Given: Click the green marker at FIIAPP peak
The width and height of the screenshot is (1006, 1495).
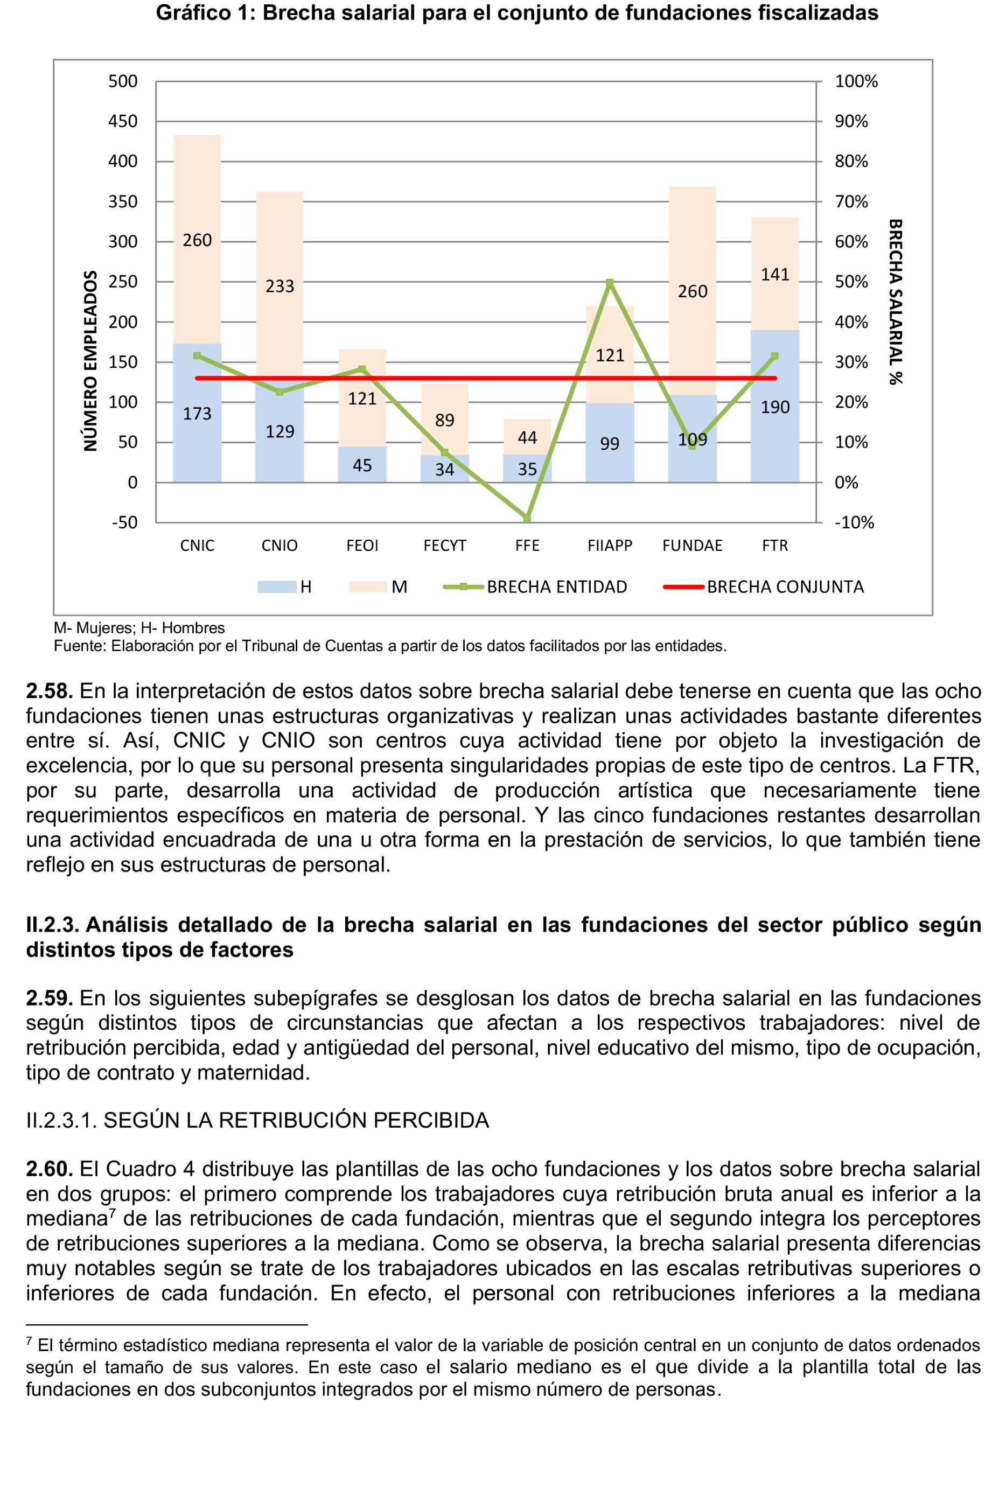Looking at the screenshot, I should (x=610, y=282).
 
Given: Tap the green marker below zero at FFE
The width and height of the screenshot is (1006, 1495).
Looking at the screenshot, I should (x=527, y=518).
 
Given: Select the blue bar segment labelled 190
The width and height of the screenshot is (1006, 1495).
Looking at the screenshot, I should (x=775, y=406).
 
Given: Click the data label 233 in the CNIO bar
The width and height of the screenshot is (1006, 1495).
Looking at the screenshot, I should (x=280, y=286).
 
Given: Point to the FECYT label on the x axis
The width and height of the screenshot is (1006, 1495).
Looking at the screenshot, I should (x=445, y=546).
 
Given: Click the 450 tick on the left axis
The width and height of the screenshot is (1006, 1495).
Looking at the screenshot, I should (x=123, y=121).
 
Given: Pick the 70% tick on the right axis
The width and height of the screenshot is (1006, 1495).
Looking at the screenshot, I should (x=851, y=201).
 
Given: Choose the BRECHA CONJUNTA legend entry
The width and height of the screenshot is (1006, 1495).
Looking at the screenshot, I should (x=764, y=586).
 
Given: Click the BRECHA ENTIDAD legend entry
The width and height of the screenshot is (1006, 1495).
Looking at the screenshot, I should (x=535, y=586).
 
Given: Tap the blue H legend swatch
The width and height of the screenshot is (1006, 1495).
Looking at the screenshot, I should (x=276, y=586).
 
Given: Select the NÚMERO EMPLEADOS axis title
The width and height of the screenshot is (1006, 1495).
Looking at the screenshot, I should (x=90, y=361).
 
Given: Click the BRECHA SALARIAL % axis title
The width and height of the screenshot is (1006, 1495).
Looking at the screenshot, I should (x=896, y=302).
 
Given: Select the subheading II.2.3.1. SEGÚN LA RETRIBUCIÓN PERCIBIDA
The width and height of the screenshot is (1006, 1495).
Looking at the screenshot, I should (x=257, y=1120).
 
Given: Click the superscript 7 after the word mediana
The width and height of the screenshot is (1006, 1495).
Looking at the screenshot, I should (x=112, y=1213).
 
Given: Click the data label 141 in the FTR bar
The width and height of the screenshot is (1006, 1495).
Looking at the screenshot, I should (x=775, y=275).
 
